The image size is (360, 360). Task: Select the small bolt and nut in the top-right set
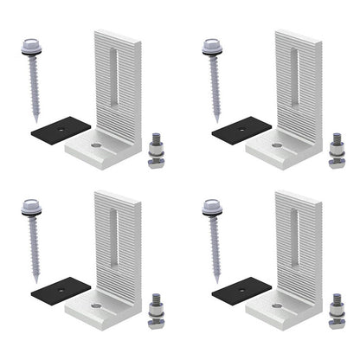click(x=337, y=151)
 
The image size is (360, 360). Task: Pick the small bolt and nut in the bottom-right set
click(x=337, y=312)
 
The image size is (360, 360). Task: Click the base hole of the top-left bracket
click(x=95, y=145)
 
